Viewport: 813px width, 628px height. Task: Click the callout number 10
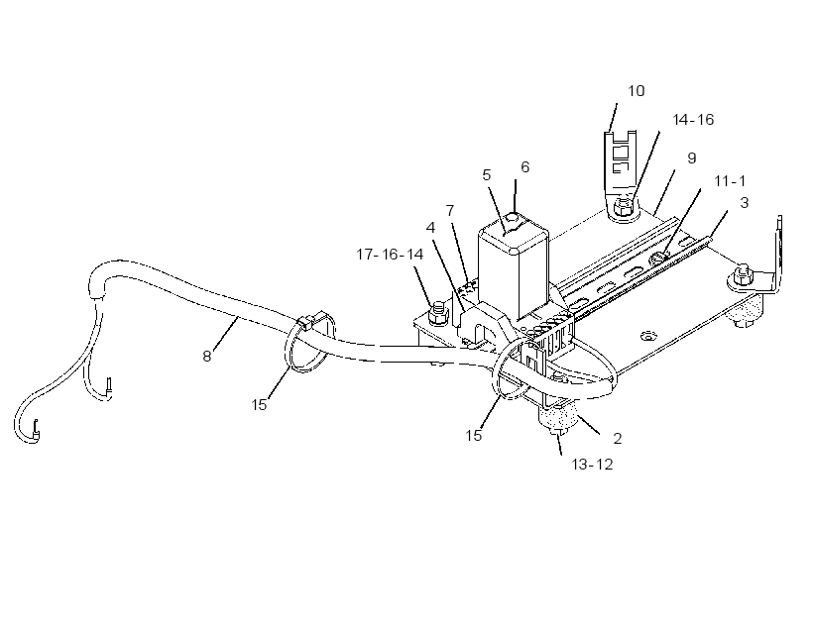pos(637,91)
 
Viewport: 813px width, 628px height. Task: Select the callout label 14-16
pos(693,120)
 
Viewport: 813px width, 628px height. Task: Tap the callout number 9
pos(692,158)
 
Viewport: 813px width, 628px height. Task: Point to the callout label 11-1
pos(730,181)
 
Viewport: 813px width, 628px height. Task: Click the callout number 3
pos(745,203)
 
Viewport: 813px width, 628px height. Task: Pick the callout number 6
pos(525,166)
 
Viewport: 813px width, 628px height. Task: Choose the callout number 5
pos(487,175)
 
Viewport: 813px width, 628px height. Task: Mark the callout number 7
pos(450,211)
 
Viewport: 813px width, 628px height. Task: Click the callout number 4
pos(430,228)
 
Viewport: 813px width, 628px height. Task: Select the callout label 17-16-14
pos(390,255)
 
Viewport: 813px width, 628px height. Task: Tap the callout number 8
pos(207,357)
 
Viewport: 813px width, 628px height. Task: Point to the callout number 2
pos(617,439)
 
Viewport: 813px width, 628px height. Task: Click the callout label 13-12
pos(592,465)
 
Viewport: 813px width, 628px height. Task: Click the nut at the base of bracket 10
pos(623,207)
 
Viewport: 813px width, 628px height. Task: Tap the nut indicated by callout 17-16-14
pos(437,312)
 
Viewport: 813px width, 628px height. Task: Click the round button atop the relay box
pos(513,217)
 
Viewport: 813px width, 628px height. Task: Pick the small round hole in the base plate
pos(645,337)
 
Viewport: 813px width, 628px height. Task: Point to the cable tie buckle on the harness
pos(306,323)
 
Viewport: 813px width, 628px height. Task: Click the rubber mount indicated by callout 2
pos(557,415)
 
